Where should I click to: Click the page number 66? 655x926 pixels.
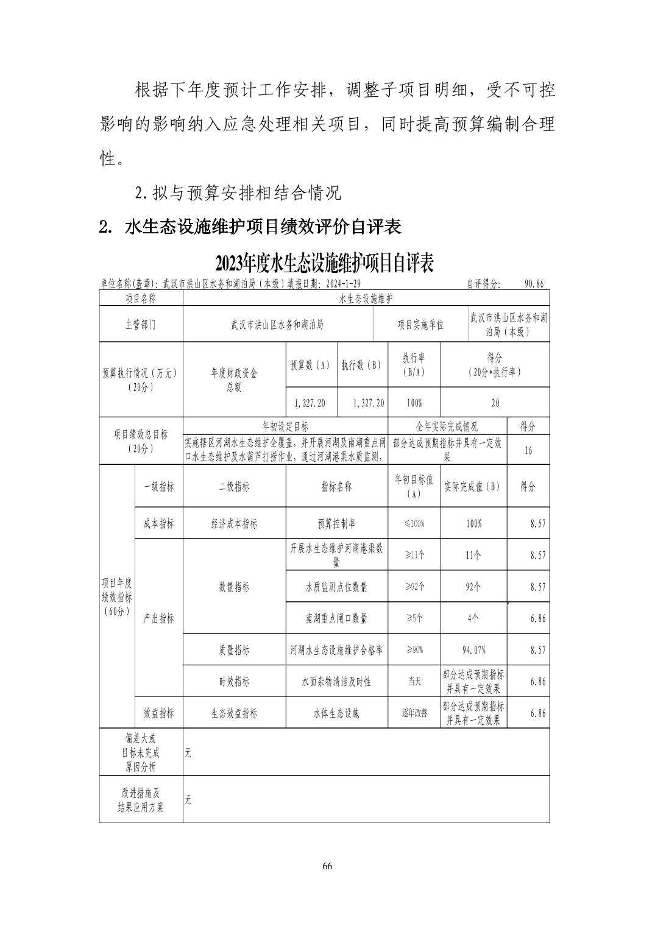point(327,866)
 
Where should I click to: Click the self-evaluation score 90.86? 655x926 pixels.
point(534,284)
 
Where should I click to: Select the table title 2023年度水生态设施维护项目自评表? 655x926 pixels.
point(324,264)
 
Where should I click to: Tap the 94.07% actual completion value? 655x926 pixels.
point(474,650)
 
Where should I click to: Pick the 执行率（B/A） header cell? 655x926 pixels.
point(414,365)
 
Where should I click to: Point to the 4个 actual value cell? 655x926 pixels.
point(473,618)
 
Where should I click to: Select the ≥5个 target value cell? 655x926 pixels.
point(414,618)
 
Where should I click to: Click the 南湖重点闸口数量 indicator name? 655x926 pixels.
point(336,618)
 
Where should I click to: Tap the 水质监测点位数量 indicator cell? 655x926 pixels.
point(336,587)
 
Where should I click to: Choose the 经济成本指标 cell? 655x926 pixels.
point(234,524)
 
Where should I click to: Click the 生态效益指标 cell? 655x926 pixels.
point(234,713)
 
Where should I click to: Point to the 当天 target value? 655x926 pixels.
point(414,682)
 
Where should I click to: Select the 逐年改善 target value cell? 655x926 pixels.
point(414,713)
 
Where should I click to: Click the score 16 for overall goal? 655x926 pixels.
point(528,450)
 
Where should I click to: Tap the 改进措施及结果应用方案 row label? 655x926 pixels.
point(141,800)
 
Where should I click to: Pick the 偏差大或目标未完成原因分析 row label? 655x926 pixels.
point(141,752)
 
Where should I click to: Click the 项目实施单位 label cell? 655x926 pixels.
point(420,325)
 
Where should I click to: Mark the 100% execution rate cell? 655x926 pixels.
point(414,403)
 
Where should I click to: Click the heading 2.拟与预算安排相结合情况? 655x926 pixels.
point(238,193)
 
